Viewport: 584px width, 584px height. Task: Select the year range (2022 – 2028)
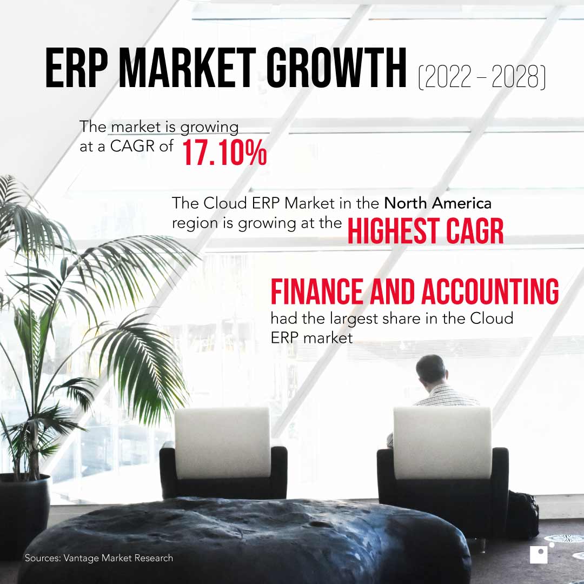coord(481,77)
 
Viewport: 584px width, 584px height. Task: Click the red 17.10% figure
coord(224,153)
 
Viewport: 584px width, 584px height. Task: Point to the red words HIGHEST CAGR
coord(425,231)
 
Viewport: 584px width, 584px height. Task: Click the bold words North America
coord(437,204)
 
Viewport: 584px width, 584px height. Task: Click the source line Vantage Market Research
coord(99,558)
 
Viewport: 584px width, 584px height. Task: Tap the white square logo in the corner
coord(539,555)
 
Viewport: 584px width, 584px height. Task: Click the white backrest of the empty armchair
coord(223,441)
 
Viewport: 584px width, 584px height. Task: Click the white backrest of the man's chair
coord(442,441)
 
